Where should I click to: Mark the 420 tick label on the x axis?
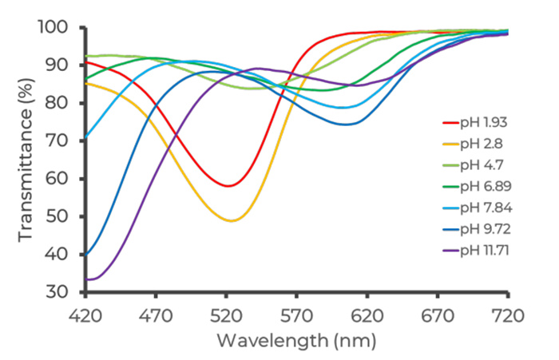pos(85,315)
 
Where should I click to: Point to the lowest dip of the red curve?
pos(228,186)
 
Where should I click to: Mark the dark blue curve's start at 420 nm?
pos(85,255)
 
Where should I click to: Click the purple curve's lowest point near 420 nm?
pos(89,279)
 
